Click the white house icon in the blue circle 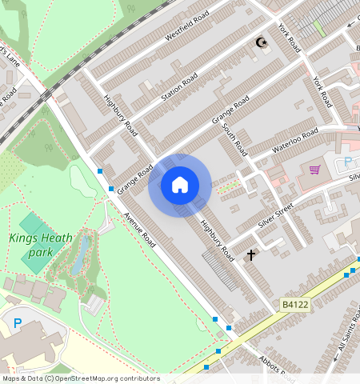[x=180, y=185]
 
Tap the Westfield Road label [x=187, y=28]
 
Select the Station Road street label [x=179, y=87]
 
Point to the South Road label [x=236, y=141]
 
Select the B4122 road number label [x=295, y=304]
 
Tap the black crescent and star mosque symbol [x=259, y=42]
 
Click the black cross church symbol [x=251, y=255]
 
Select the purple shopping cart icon [x=314, y=170]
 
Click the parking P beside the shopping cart [x=348, y=163]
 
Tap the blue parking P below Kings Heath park [x=18, y=323]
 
